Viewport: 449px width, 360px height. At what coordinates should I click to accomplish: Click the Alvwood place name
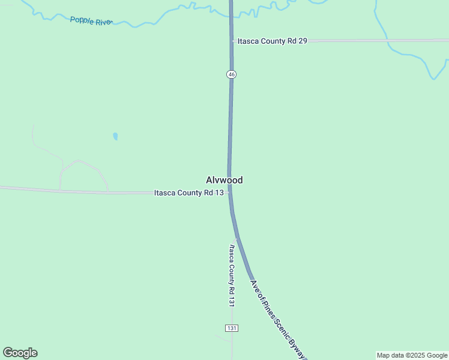point(224,180)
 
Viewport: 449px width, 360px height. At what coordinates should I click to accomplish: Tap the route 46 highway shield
point(232,74)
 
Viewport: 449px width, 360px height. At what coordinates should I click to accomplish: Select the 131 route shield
point(232,328)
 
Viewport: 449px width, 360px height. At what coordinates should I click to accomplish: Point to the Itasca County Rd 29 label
point(273,41)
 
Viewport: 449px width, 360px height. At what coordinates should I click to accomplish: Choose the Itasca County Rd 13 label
point(188,193)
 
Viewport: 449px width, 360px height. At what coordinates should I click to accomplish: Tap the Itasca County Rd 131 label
point(231,275)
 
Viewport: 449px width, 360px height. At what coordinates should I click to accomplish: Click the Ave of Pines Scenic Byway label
point(277,320)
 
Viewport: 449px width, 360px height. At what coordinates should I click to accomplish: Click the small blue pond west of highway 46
point(115,136)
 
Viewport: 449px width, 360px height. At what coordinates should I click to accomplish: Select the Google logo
point(20,353)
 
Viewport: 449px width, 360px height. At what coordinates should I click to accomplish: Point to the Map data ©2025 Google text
point(412,355)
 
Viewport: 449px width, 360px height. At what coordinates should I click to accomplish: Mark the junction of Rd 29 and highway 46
point(232,41)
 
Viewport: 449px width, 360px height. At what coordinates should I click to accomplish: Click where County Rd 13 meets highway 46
point(230,192)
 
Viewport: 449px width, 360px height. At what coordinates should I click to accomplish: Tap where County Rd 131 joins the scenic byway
point(237,238)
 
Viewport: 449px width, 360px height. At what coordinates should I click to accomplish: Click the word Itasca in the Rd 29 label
point(249,41)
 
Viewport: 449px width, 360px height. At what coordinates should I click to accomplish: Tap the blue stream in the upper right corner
point(414,57)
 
